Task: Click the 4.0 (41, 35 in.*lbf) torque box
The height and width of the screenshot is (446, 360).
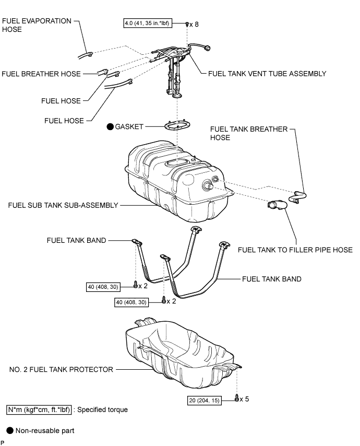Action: [148, 23]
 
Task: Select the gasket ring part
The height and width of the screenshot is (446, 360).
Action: [177, 125]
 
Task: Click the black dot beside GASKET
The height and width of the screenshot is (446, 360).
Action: [110, 126]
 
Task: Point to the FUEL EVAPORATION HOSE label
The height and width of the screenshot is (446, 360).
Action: [37, 25]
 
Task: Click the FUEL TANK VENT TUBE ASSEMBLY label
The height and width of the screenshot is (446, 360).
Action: [267, 74]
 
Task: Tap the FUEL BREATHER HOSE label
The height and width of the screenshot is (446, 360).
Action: [41, 74]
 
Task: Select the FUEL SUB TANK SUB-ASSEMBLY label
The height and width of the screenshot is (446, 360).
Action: [63, 205]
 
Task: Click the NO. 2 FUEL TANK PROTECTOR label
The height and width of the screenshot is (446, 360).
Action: [62, 369]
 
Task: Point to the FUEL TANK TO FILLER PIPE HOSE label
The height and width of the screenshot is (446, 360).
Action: [295, 250]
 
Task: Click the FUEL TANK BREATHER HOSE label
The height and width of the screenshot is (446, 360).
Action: [249, 133]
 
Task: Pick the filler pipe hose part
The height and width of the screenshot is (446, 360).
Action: [278, 205]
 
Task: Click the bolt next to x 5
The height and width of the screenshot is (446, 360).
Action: [237, 398]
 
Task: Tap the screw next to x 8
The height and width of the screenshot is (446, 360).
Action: [187, 24]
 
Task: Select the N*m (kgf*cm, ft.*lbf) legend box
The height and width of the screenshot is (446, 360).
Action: [39, 409]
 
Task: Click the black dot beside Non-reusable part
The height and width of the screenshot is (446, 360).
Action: [10, 431]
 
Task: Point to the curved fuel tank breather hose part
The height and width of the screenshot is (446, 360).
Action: [297, 197]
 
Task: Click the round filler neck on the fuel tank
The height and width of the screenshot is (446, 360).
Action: [207, 185]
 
